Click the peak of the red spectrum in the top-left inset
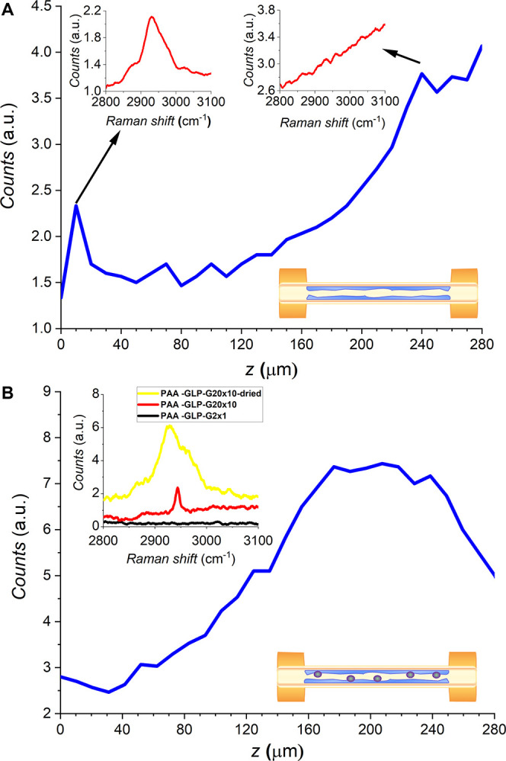152,17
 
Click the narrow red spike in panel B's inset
178,488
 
